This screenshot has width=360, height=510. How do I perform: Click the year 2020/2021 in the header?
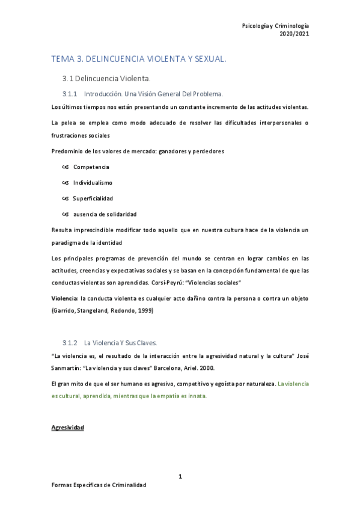(294, 34)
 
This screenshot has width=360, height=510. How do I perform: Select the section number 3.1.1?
(71, 94)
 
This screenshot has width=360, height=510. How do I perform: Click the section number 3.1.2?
(71, 343)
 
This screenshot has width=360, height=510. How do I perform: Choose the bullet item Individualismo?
(93, 182)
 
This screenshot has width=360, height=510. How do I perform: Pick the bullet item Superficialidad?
(93, 198)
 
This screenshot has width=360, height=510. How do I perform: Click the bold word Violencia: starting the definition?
(65, 298)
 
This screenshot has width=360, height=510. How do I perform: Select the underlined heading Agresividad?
(68, 428)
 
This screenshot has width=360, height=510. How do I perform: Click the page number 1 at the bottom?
(180, 476)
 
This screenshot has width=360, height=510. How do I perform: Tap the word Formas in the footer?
(62, 485)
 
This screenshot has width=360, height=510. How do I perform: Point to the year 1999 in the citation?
(144, 310)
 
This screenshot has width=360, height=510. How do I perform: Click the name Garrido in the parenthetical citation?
(65, 310)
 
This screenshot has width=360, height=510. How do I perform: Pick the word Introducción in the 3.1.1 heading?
(103, 94)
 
